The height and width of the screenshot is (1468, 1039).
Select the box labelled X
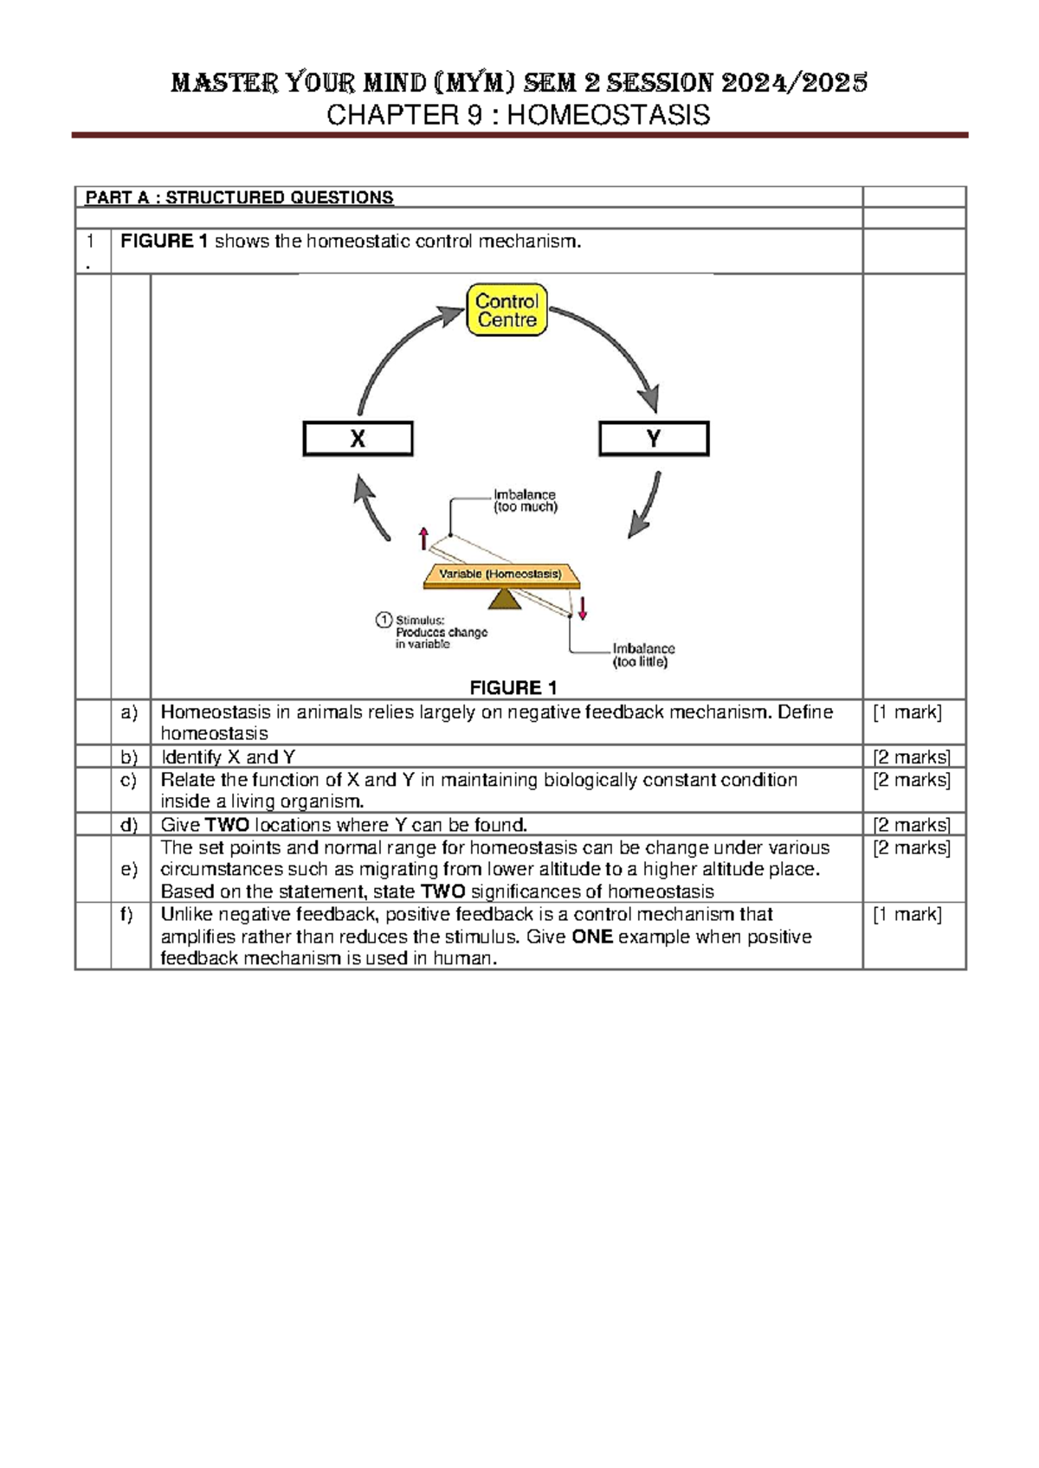point(358,439)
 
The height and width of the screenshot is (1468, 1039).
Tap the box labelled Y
point(654,439)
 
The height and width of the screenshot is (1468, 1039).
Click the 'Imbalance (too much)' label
point(525,500)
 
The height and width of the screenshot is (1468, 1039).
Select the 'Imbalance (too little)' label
point(642,655)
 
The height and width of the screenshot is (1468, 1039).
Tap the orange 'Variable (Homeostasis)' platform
point(500,575)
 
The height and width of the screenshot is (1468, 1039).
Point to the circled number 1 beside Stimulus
point(384,619)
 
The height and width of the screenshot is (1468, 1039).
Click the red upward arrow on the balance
point(423,538)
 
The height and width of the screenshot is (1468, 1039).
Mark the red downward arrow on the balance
point(583,608)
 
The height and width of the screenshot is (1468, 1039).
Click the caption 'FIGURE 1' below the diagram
point(513,687)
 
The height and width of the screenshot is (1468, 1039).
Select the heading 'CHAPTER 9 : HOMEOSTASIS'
point(518,114)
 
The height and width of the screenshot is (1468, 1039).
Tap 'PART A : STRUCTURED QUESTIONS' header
point(239,197)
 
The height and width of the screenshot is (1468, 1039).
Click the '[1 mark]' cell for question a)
point(907,712)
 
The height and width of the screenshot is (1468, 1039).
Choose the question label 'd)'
point(130,824)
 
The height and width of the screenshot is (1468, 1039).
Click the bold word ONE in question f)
point(592,937)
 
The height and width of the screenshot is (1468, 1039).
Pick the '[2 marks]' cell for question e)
point(912,847)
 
